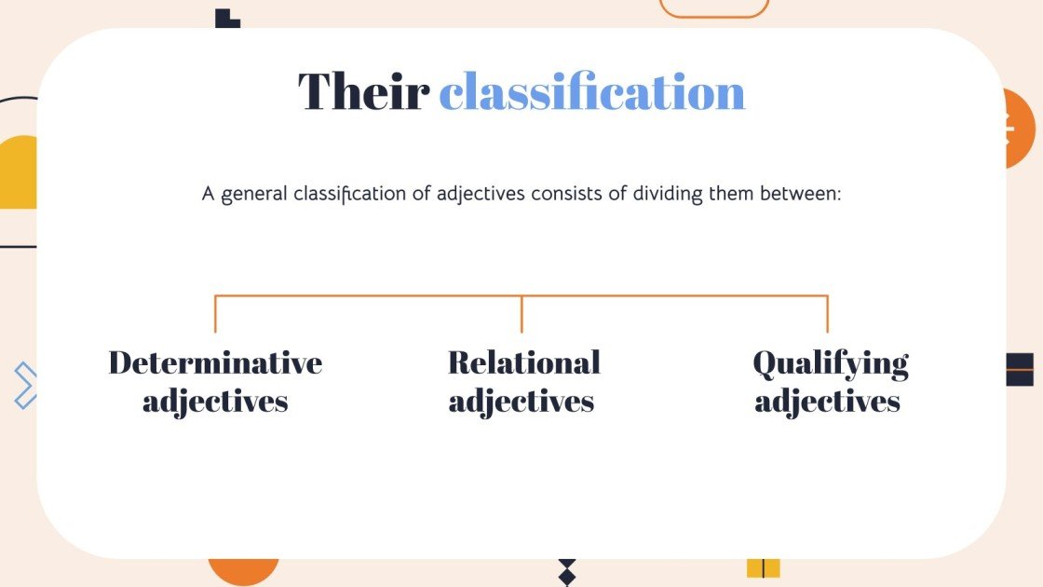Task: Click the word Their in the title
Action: pyautogui.click(x=363, y=92)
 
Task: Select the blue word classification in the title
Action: pyautogui.click(x=592, y=92)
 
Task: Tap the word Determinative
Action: pyautogui.click(x=215, y=362)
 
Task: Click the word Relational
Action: pyautogui.click(x=523, y=362)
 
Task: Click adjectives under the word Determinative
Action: pyautogui.click(x=215, y=402)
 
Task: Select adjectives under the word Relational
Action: pyautogui.click(x=521, y=402)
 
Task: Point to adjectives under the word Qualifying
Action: pyautogui.click(x=828, y=402)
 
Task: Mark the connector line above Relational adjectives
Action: pyautogui.click(x=521, y=314)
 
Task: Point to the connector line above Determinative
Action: pyautogui.click(x=215, y=314)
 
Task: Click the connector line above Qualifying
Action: pyautogui.click(x=827, y=314)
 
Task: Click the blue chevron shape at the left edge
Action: pyautogui.click(x=26, y=385)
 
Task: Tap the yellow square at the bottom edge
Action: pyautogui.click(x=763, y=567)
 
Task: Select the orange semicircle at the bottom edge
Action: pyautogui.click(x=243, y=569)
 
